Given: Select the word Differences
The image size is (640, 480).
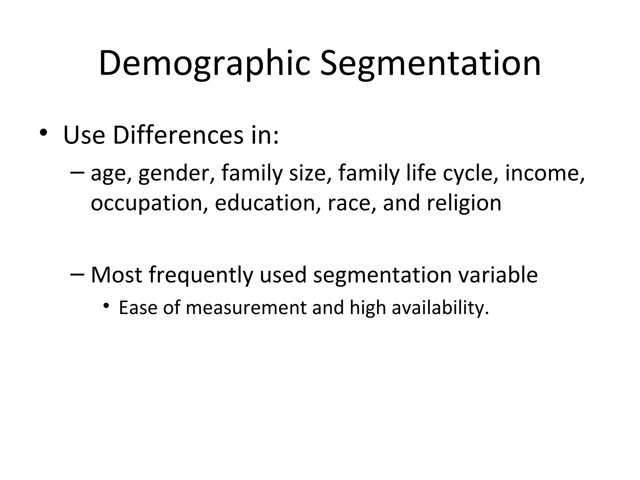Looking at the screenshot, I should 178,135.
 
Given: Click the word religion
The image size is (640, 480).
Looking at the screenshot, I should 464,203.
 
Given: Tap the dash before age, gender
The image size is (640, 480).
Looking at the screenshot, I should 77,172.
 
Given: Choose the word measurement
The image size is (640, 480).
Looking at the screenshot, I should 246,307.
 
